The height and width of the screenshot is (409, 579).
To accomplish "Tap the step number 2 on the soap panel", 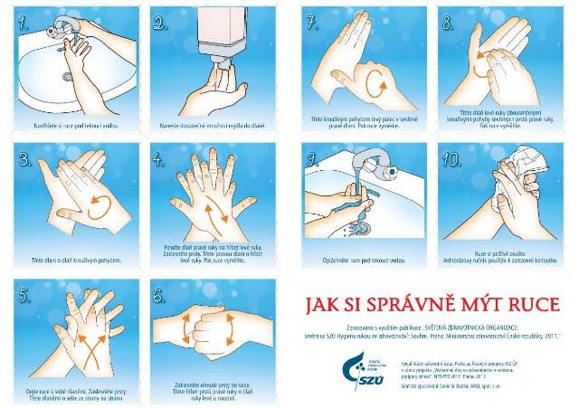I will [x=162, y=24].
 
